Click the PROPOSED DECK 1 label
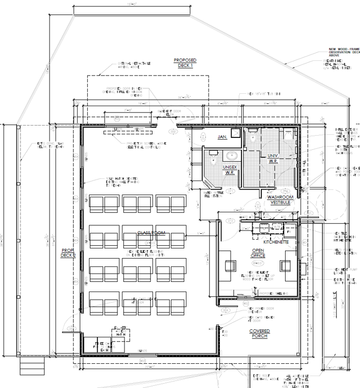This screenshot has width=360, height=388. tap(185, 63)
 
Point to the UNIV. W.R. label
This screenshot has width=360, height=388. tap(272, 158)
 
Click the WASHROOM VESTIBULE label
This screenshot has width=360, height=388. tap(279, 200)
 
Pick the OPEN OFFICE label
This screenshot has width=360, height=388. tap(258, 254)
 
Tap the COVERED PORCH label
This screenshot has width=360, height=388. tap(260, 334)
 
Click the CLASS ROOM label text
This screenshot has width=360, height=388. tap(150, 233)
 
